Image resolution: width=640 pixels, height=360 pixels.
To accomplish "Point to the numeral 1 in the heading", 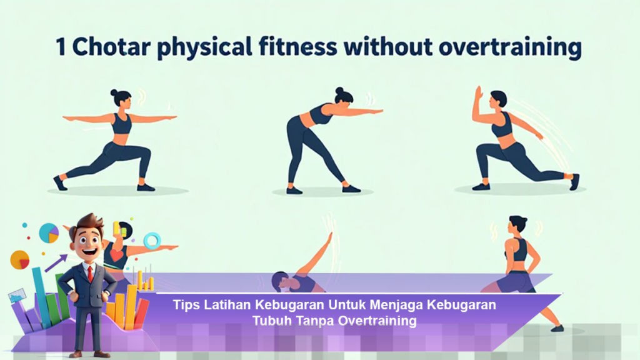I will click(60, 47).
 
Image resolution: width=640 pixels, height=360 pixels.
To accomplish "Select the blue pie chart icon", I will click(48, 233).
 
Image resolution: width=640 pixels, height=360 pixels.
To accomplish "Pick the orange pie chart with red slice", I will click(20, 259).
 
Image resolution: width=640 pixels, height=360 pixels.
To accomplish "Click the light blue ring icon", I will click(151, 241).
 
